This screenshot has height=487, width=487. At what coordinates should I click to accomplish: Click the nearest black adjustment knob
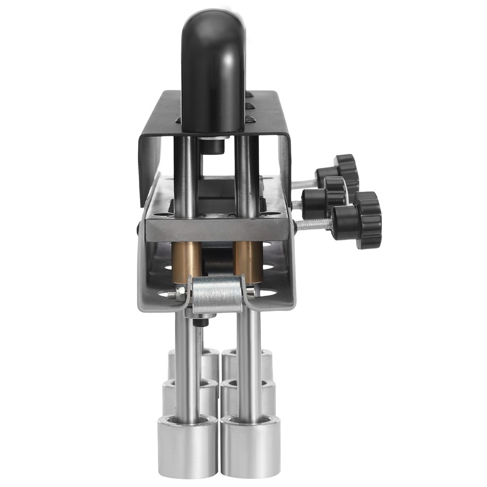tap(361, 221)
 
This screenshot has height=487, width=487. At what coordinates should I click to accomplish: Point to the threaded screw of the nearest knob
tap(312, 224)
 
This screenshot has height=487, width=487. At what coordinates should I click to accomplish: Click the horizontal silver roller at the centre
tap(217, 294)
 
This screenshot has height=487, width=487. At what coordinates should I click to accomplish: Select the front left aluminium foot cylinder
tap(188, 446)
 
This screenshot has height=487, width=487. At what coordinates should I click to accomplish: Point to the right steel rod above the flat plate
tap(247, 172)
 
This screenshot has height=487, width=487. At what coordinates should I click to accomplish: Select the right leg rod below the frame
tap(250, 365)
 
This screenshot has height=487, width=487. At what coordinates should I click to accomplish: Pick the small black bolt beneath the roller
tap(201, 322)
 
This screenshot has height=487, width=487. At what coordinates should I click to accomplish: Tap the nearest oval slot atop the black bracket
tap(250, 119)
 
